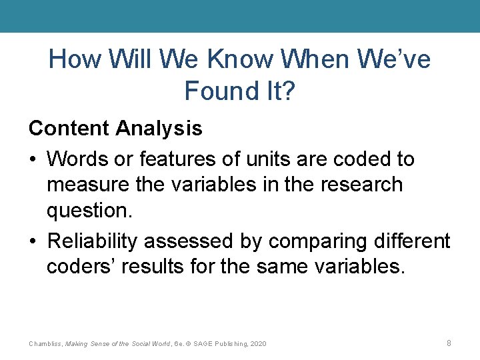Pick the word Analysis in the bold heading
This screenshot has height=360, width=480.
click(159, 128)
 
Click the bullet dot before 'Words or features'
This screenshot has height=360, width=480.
click(33, 160)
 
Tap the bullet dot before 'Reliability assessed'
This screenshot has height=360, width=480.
click(33, 241)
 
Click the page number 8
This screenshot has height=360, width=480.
click(449, 343)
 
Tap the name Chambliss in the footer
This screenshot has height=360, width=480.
click(45, 344)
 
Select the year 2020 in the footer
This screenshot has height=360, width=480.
click(257, 344)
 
